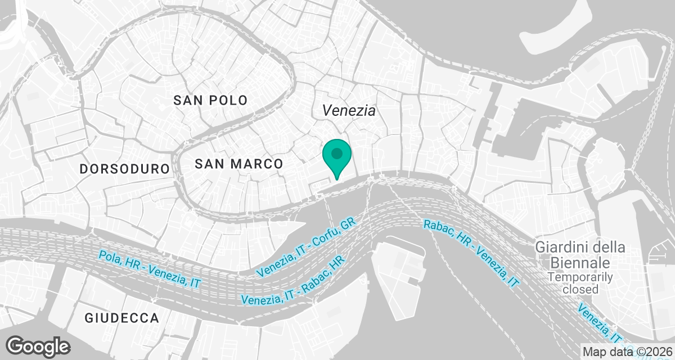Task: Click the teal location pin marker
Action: pyautogui.click(x=337, y=157)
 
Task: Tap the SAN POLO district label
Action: pyautogui.click(x=210, y=101)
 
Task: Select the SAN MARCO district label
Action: pyautogui.click(x=238, y=164)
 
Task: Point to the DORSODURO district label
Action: pyautogui.click(x=124, y=169)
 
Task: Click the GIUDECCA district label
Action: pyautogui.click(x=122, y=318)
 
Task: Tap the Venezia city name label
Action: pyautogui.click(x=349, y=111)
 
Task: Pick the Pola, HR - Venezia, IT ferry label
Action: pyautogui.click(x=150, y=268)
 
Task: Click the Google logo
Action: pyautogui.click(x=38, y=346)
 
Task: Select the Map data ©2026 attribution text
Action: pyautogui.click(x=627, y=352)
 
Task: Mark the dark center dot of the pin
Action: pyautogui.click(x=337, y=153)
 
